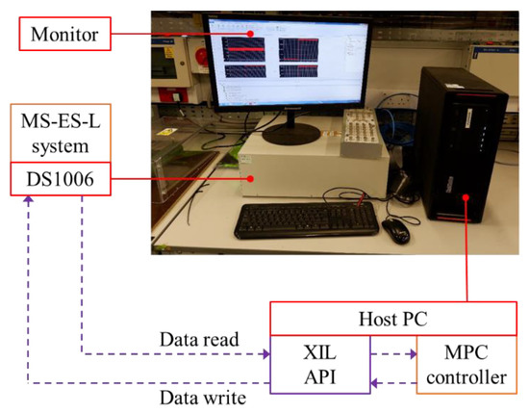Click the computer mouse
coord(394,228)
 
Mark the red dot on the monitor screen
coord(253,35)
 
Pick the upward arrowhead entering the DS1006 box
coord(31,199)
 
